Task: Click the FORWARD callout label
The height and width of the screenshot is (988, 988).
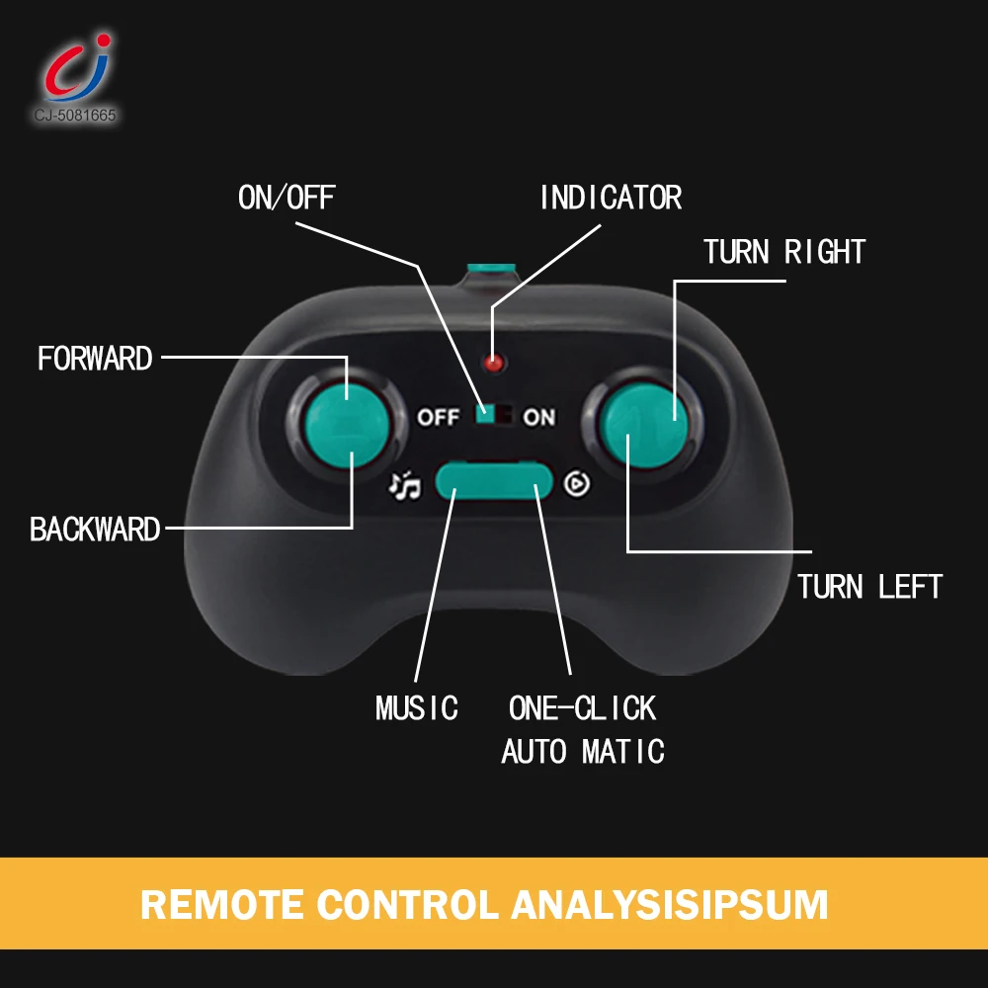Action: click(95, 358)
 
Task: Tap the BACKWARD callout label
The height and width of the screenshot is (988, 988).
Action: click(95, 530)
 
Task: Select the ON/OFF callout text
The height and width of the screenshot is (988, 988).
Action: click(287, 198)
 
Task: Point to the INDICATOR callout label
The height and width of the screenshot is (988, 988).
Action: click(611, 198)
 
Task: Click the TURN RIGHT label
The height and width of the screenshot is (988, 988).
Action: click(784, 252)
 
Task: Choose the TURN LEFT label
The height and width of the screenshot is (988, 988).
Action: click(869, 587)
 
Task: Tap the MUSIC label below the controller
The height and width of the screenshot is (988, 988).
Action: click(417, 708)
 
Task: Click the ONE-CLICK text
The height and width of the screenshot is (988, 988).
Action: click(582, 708)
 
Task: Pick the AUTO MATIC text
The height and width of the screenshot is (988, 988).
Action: click(582, 752)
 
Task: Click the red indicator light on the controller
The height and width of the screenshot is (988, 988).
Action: click(494, 363)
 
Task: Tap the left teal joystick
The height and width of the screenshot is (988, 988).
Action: click(342, 424)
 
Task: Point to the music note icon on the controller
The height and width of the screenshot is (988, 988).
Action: click(404, 484)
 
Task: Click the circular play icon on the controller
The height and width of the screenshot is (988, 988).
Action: click(577, 483)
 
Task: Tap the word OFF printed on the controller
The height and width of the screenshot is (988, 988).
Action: click(438, 417)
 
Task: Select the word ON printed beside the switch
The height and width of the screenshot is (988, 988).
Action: click(539, 417)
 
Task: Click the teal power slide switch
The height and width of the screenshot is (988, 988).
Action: click(485, 415)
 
